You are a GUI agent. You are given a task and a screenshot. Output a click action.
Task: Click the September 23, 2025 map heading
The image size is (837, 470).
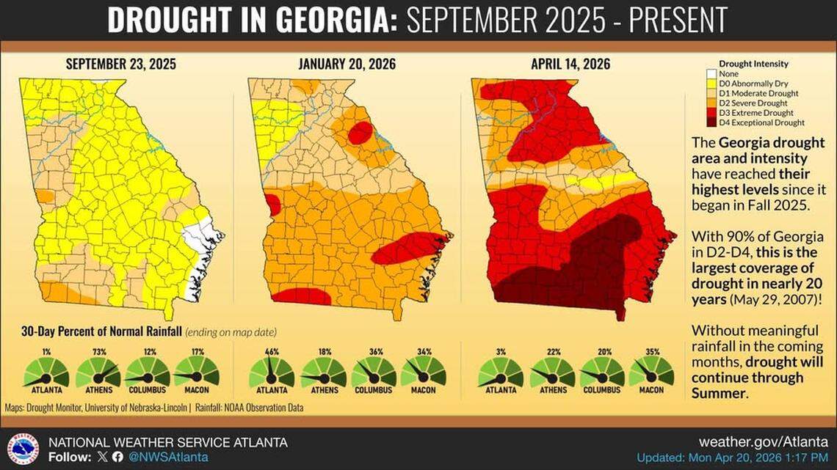(x=121, y=65)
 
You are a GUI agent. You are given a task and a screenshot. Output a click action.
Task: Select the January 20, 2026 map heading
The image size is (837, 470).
(x=347, y=65)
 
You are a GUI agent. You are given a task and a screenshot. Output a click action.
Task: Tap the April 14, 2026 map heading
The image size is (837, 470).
(x=570, y=65)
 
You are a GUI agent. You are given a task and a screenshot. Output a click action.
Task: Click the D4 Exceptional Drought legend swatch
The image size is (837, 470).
(x=713, y=123)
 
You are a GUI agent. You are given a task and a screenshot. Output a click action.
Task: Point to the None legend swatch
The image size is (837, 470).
(x=713, y=74)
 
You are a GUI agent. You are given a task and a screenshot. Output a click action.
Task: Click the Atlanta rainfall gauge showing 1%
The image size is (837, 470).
(x=46, y=372)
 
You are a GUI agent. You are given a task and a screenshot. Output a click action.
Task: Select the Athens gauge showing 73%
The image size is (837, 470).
(x=98, y=372)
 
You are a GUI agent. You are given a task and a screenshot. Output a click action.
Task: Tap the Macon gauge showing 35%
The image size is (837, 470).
(x=651, y=372)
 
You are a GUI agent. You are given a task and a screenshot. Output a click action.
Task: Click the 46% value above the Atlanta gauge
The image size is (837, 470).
(x=272, y=352)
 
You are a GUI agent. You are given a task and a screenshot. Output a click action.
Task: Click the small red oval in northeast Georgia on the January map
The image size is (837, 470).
(x=360, y=133)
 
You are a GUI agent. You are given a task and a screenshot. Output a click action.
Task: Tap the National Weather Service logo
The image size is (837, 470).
(x=23, y=448)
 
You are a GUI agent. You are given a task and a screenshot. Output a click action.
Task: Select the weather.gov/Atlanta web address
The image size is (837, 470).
(x=764, y=442)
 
